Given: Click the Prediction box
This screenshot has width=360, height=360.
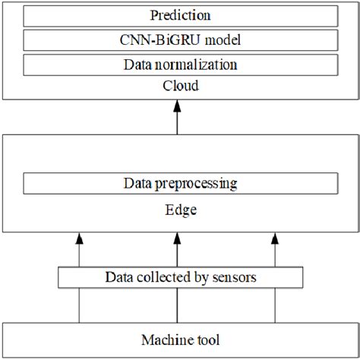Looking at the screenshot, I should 180,16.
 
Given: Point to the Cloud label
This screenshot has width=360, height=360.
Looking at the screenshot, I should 180,86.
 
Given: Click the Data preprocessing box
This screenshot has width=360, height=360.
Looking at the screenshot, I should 180,184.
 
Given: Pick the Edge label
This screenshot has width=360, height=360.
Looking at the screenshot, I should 180,210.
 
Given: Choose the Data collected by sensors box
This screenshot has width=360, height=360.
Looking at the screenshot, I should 179,277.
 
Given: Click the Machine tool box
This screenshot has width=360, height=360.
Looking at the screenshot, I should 180,339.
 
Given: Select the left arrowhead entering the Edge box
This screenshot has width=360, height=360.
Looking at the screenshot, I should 79,240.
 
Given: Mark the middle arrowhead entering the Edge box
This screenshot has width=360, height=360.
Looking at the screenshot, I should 177,240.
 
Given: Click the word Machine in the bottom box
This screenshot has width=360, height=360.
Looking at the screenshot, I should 168,339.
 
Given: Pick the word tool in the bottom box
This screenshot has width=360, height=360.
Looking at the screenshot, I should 205,339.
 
